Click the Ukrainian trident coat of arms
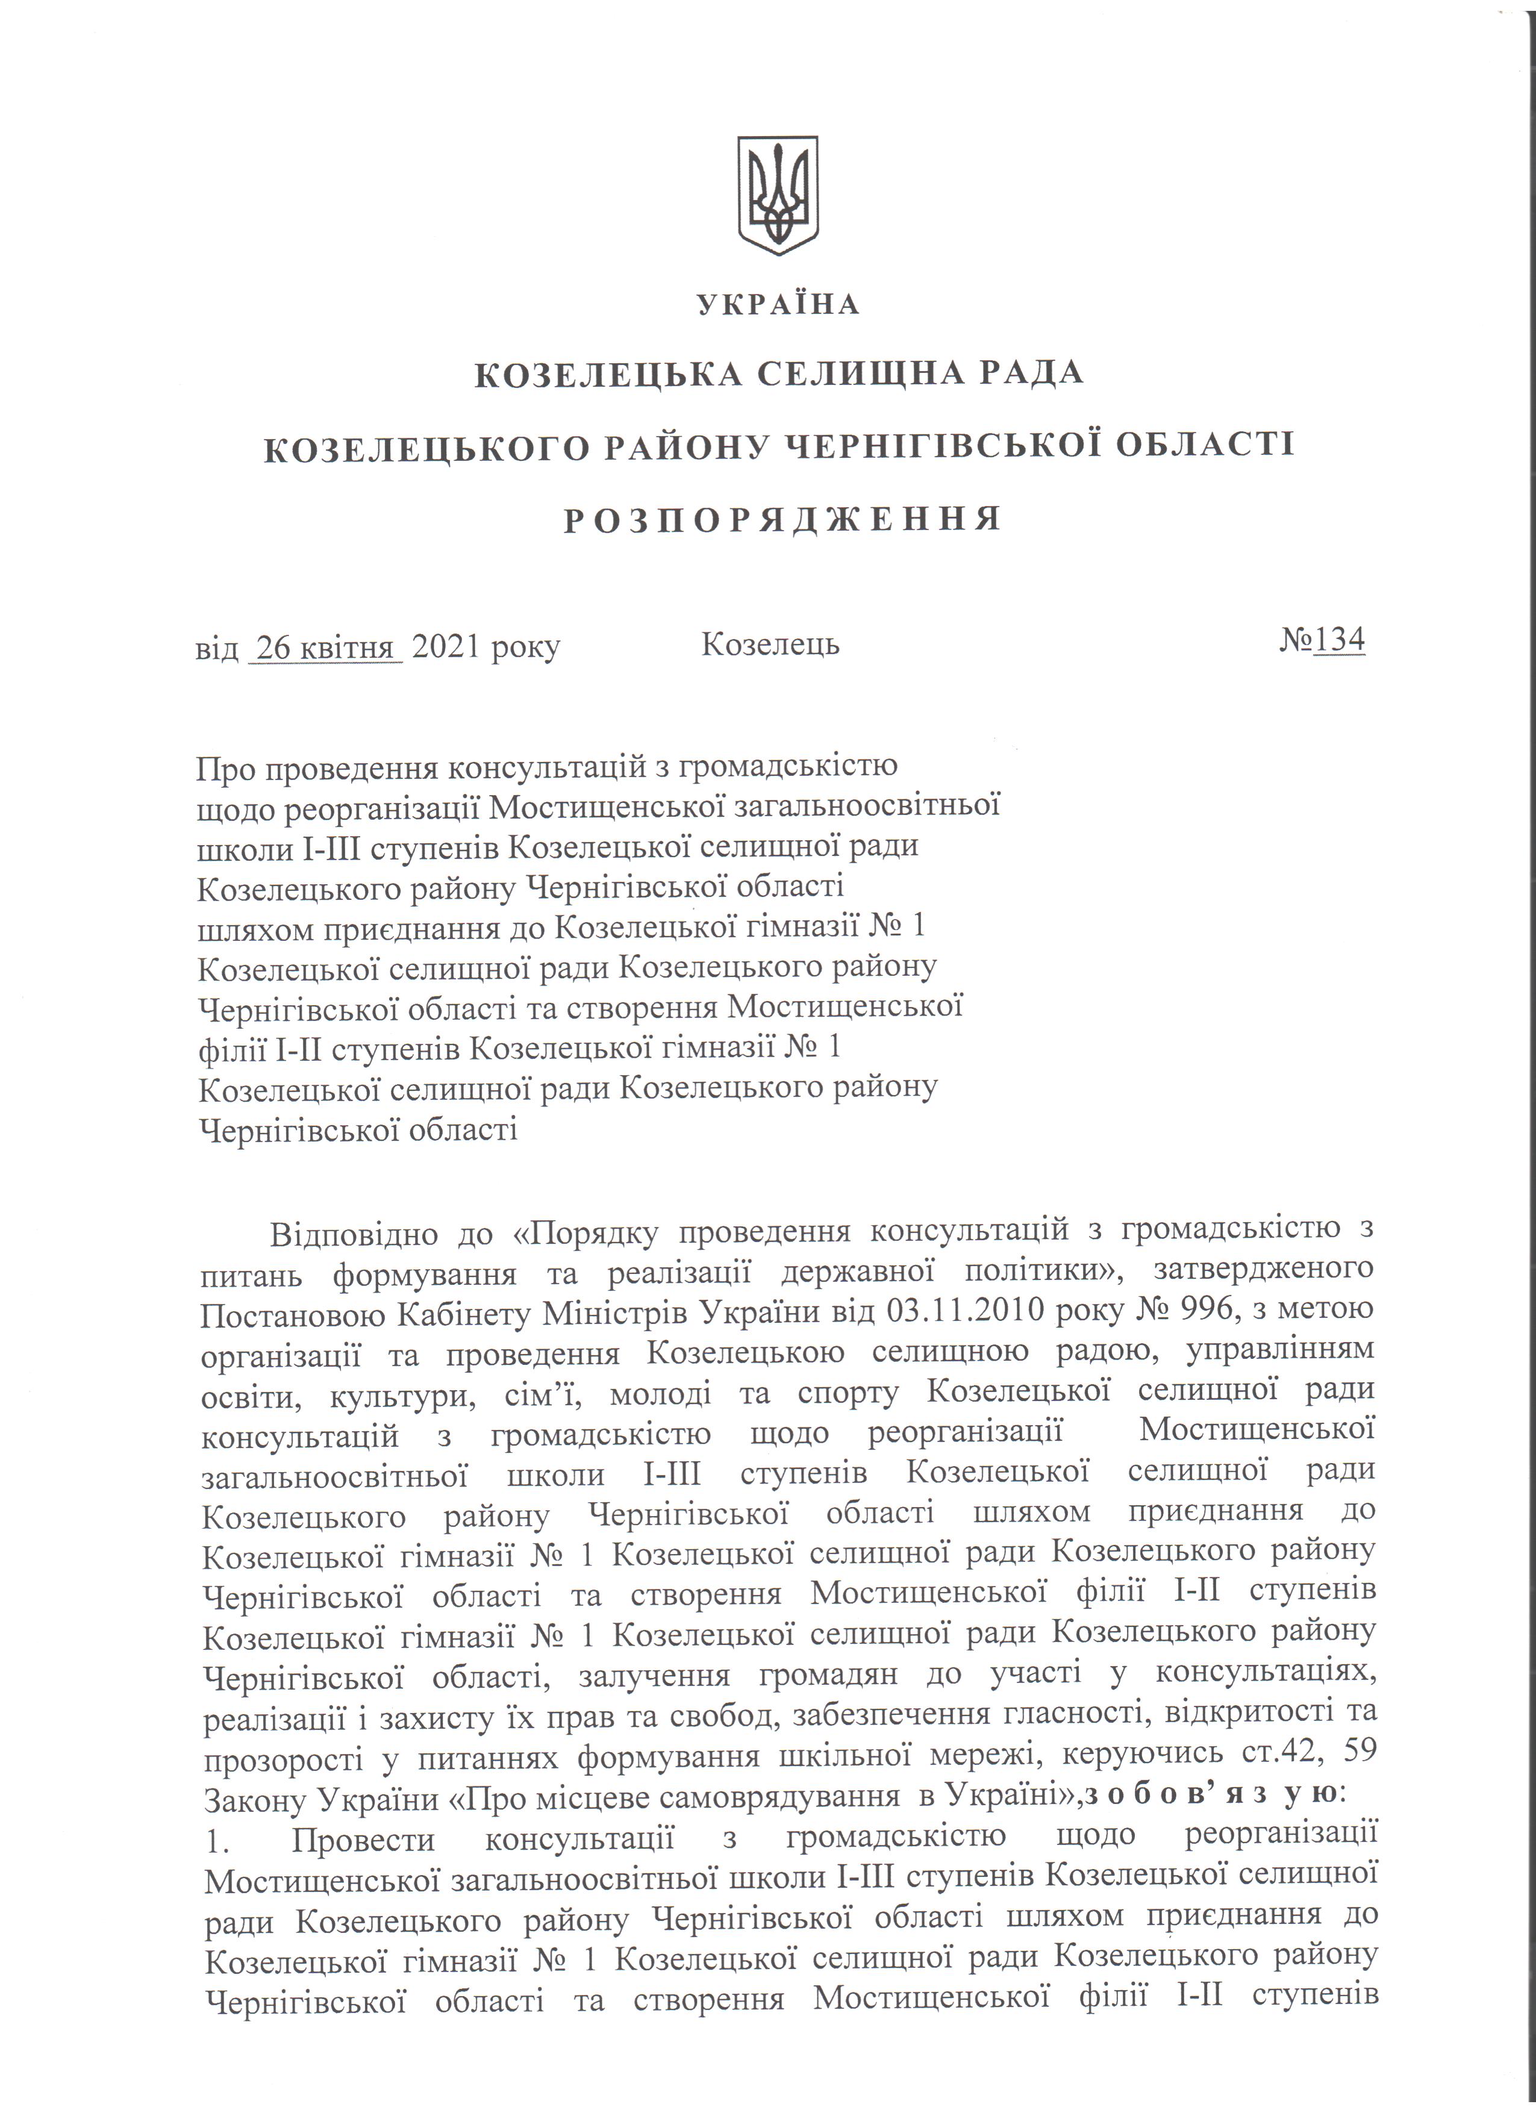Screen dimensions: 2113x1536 (778, 196)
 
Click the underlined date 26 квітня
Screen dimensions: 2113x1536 (325, 646)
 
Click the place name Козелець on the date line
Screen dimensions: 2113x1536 (770, 644)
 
